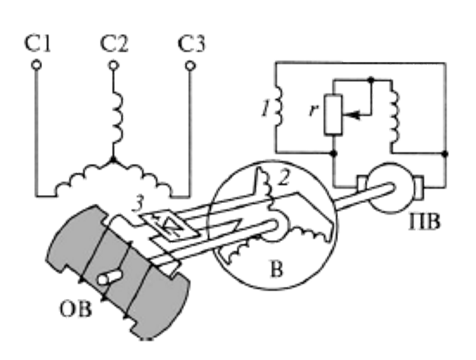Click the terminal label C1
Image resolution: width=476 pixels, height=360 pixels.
(x=37, y=44)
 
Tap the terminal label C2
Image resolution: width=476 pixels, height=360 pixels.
(x=114, y=44)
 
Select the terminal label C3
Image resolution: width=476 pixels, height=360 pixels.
(x=191, y=44)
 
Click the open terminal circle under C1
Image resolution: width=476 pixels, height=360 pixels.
(x=36, y=65)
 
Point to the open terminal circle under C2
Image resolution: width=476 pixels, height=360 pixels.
(x=113, y=65)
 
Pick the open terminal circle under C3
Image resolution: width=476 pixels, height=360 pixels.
(x=190, y=66)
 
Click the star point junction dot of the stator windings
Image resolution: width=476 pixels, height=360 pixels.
(x=113, y=159)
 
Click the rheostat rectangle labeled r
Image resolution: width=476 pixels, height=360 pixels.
(x=333, y=114)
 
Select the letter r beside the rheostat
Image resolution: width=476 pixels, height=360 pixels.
(x=314, y=110)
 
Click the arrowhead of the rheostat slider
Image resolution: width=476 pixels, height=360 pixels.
(x=352, y=115)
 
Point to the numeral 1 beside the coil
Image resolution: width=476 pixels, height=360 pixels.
(x=266, y=109)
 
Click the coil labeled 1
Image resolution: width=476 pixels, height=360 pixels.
(x=279, y=105)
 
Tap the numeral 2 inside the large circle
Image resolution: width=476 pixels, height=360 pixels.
(x=284, y=178)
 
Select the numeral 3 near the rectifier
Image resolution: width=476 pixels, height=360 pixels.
(x=138, y=205)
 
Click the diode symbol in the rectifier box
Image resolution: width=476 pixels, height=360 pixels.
(x=169, y=225)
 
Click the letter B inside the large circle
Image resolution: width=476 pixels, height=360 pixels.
(x=277, y=270)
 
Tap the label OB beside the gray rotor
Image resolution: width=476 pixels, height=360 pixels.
(x=75, y=309)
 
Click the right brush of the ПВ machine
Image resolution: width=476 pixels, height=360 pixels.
(x=419, y=188)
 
